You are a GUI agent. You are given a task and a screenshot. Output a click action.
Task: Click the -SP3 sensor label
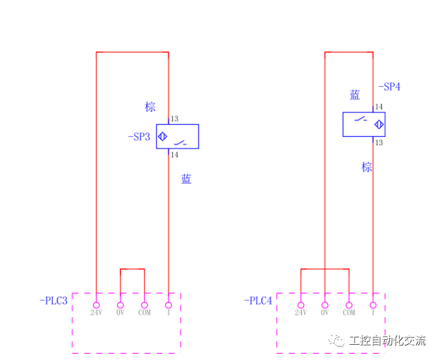pos(139,137)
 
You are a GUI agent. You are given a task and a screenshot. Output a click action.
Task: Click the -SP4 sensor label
pos(389,87)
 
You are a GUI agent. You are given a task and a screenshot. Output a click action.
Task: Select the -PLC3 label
pos(53,301)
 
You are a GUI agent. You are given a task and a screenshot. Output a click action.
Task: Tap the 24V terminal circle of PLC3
pos(96,305)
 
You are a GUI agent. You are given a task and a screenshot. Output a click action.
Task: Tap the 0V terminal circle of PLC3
pos(120,305)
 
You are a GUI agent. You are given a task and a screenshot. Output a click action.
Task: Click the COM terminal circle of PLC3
pos(144,305)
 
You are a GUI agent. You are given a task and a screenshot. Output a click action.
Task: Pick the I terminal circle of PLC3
pos(169,305)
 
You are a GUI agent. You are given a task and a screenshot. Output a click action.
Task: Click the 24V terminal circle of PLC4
pos(301,305)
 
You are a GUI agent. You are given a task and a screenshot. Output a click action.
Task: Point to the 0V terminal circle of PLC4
pos(324,305)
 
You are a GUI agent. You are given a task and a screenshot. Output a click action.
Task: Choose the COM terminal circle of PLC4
pos(349,305)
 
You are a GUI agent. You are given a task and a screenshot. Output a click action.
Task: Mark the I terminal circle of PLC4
pos(373,305)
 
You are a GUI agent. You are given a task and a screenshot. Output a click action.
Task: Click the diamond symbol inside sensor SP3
pos(163,136)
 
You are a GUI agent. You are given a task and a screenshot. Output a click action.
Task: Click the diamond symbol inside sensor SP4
pos(379,125)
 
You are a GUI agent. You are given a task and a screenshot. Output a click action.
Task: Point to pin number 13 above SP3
pos(174,119)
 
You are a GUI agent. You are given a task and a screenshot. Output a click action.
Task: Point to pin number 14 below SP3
pos(174,155)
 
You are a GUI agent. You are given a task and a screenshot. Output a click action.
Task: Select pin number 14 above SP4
pos(379,107)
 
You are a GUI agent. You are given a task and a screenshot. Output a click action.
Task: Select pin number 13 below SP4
pos(379,142)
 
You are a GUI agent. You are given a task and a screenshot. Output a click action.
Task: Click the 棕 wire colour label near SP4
pos(367,167)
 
